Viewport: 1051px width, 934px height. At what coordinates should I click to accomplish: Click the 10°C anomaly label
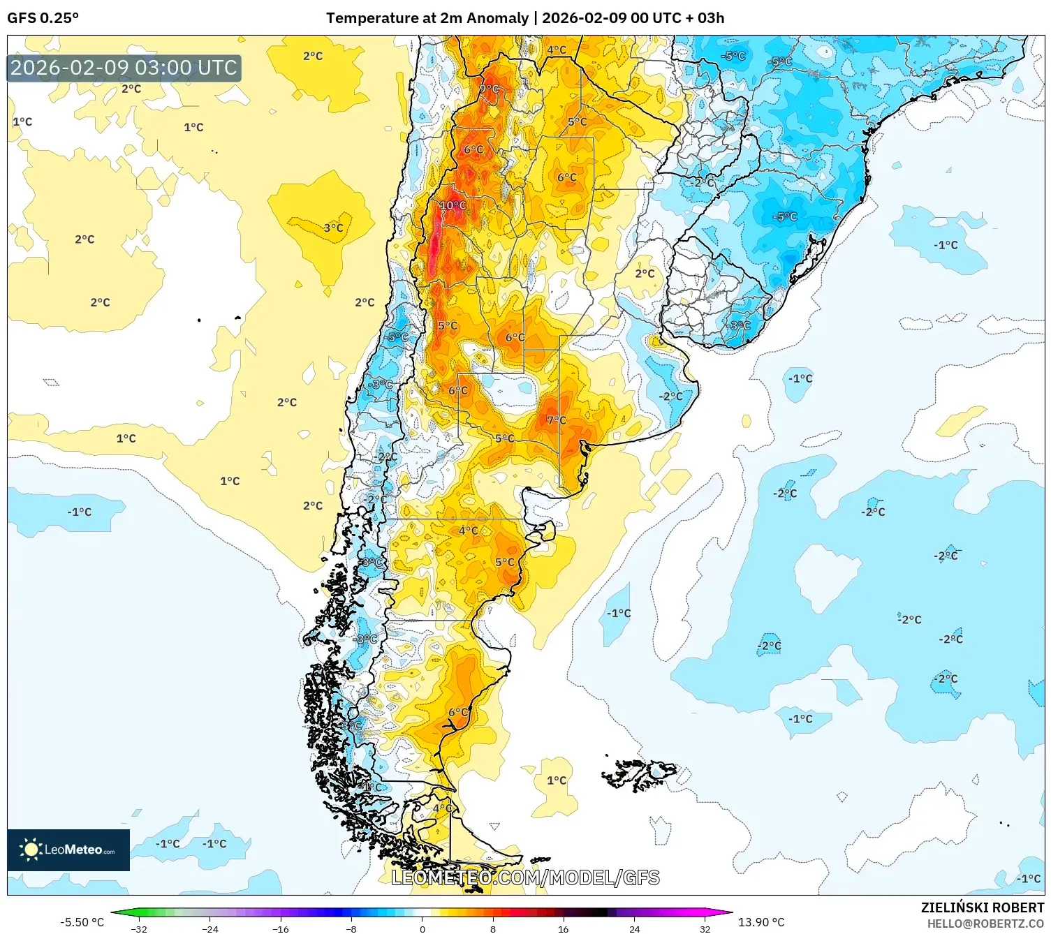(x=453, y=205)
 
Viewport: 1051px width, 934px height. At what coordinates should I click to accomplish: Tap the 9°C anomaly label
(x=489, y=89)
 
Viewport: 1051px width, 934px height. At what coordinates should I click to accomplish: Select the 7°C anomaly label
(x=557, y=420)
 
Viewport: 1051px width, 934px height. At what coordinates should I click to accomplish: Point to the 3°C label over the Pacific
(x=333, y=228)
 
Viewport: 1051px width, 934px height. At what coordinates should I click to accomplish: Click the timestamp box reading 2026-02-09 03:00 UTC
(x=124, y=68)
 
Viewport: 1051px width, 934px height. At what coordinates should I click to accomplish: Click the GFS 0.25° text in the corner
(x=43, y=17)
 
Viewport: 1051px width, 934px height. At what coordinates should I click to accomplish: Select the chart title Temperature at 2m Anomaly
(x=427, y=17)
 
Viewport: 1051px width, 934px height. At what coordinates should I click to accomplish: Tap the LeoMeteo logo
(x=68, y=850)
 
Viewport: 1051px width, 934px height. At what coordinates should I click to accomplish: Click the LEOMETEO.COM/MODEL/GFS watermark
(x=525, y=877)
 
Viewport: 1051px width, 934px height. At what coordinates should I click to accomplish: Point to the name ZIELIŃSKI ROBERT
(x=982, y=907)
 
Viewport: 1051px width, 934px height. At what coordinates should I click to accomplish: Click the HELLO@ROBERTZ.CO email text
(x=985, y=924)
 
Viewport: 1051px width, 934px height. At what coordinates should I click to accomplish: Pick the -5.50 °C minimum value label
(x=82, y=922)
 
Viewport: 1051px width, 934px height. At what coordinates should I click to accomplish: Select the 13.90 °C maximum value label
(x=761, y=922)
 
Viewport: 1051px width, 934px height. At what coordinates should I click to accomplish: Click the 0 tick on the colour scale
(x=422, y=928)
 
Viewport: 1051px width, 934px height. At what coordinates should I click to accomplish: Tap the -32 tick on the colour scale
(x=139, y=928)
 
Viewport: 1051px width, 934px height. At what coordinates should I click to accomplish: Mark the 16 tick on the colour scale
(x=563, y=928)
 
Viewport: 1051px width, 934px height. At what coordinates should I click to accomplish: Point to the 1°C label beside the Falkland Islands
(x=557, y=780)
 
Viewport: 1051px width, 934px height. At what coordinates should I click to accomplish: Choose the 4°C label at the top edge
(x=557, y=50)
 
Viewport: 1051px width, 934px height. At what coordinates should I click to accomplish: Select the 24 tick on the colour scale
(x=634, y=928)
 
